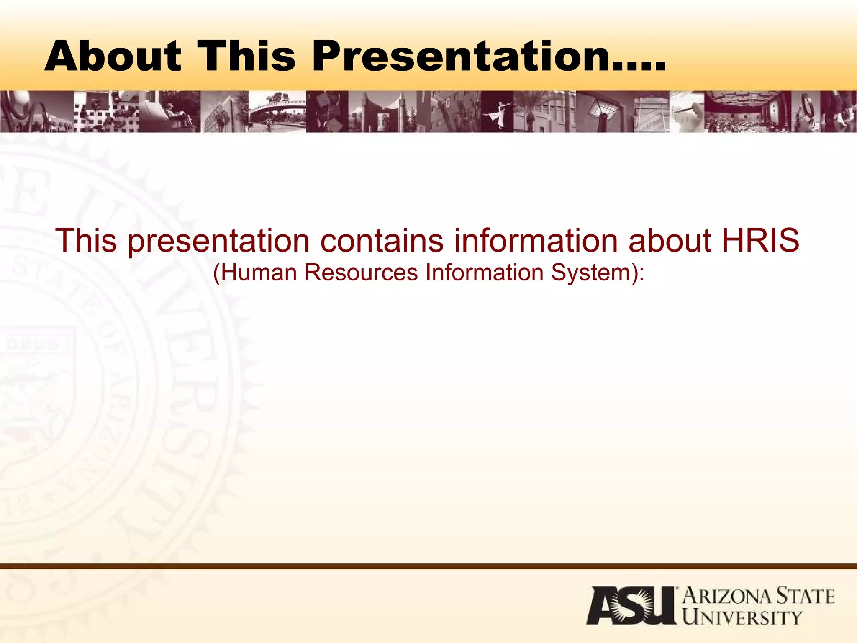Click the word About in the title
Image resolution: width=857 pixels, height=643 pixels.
point(113,56)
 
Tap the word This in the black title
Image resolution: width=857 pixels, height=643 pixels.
point(246,56)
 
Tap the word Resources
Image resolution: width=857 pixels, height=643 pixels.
point(361,273)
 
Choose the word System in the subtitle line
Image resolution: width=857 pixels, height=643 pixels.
point(590,273)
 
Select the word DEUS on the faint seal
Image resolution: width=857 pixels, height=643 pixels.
point(33,344)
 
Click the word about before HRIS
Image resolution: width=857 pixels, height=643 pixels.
point(670,241)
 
